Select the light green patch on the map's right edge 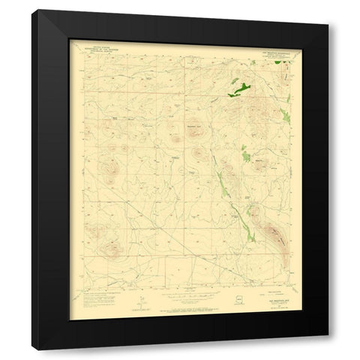click(x=285, y=114)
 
